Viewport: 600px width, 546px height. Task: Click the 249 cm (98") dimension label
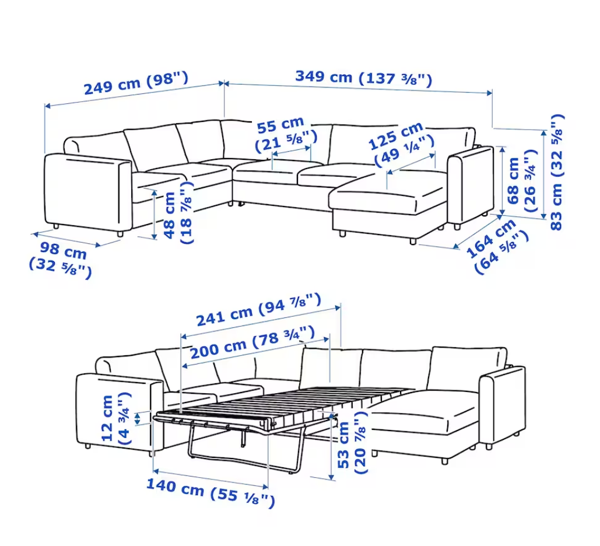point(136,83)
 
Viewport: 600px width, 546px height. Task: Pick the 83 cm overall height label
point(557,172)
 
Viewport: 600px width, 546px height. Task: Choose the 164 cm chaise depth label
point(497,246)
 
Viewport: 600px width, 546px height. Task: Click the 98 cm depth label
point(61,260)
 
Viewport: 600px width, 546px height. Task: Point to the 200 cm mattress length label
point(252,342)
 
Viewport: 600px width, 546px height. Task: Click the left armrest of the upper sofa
point(89,194)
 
